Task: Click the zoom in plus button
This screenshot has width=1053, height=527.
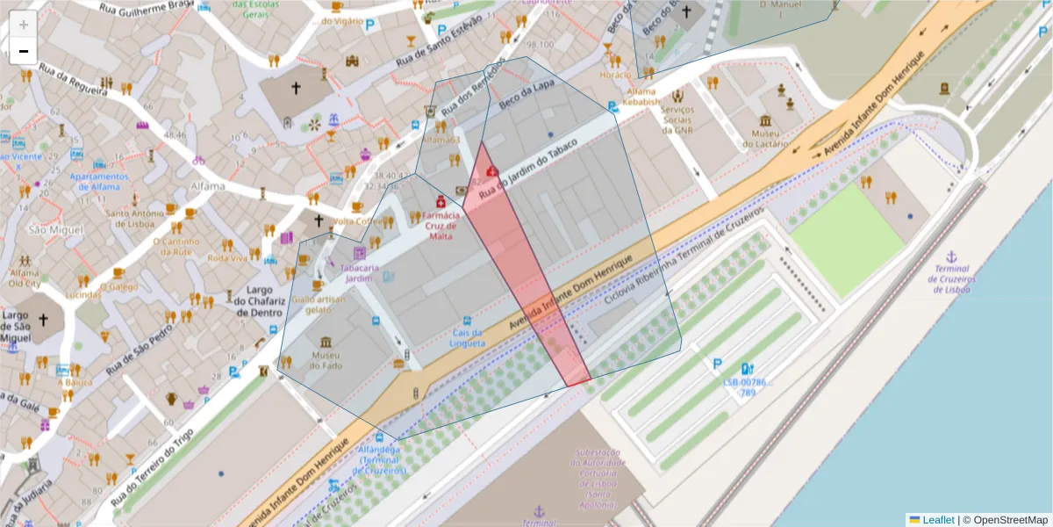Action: [24, 25]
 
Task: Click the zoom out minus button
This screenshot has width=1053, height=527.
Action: [24, 51]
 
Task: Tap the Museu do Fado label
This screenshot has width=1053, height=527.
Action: [326, 359]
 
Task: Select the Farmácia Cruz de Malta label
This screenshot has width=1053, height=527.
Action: [441, 226]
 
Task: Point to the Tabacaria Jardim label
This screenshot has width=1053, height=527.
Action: [359, 272]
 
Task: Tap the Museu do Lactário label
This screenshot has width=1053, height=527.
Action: [765, 139]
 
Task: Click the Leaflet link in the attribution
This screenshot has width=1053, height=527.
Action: [938, 520]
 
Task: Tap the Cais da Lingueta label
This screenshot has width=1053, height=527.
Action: [467, 337]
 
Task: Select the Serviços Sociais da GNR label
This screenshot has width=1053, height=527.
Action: [677, 119]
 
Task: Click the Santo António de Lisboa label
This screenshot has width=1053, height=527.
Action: [134, 218]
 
